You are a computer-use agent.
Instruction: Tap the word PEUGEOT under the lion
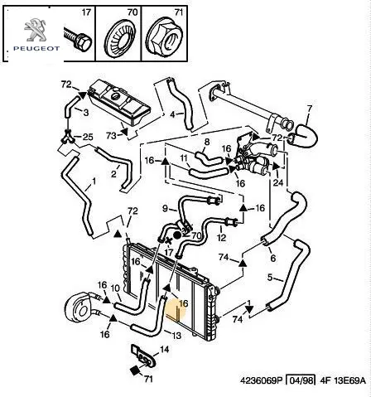tap(36, 49)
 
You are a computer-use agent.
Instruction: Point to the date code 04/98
tap(301, 380)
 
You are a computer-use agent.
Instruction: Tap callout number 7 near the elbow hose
tap(309, 109)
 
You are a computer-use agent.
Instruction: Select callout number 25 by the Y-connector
tap(88, 137)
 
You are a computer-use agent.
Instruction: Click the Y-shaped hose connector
tap(67, 138)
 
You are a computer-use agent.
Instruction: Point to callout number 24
tap(278, 182)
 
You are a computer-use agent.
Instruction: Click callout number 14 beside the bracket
tap(164, 350)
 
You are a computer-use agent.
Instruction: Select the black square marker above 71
tap(135, 370)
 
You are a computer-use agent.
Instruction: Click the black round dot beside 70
tap(177, 235)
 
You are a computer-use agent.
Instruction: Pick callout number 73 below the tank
tap(111, 136)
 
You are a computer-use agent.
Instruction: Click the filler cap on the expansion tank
tap(115, 97)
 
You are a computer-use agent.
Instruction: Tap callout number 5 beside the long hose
tap(270, 277)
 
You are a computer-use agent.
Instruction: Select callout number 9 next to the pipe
tap(165, 208)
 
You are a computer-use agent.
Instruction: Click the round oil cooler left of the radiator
tap(79, 308)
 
